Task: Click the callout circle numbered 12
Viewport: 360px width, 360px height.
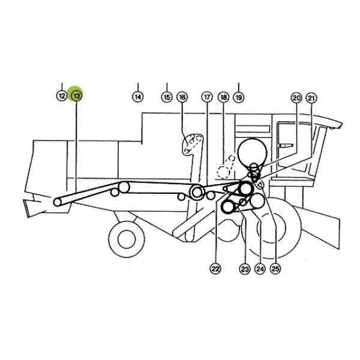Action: coord(62,96)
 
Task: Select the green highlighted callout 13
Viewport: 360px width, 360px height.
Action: coord(76,96)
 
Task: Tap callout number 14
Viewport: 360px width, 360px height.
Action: coord(138,97)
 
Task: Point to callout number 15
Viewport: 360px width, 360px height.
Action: coord(167,97)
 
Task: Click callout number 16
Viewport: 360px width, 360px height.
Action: coord(182,97)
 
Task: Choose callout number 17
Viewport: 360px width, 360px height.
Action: coord(207,97)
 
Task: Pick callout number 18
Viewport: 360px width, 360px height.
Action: coord(224,97)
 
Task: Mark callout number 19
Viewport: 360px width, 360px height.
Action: coord(239,97)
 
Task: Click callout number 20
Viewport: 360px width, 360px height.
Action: coord(296,98)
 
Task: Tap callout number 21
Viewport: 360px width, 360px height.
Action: coord(311,98)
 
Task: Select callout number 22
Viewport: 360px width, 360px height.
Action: coord(215,269)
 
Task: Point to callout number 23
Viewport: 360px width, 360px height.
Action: coord(245,269)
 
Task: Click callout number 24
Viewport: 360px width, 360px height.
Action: coord(260,269)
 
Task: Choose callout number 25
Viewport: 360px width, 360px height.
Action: coord(275,269)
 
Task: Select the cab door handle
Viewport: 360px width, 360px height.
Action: coord(286,146)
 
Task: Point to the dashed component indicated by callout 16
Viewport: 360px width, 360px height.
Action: coord(193,143)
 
